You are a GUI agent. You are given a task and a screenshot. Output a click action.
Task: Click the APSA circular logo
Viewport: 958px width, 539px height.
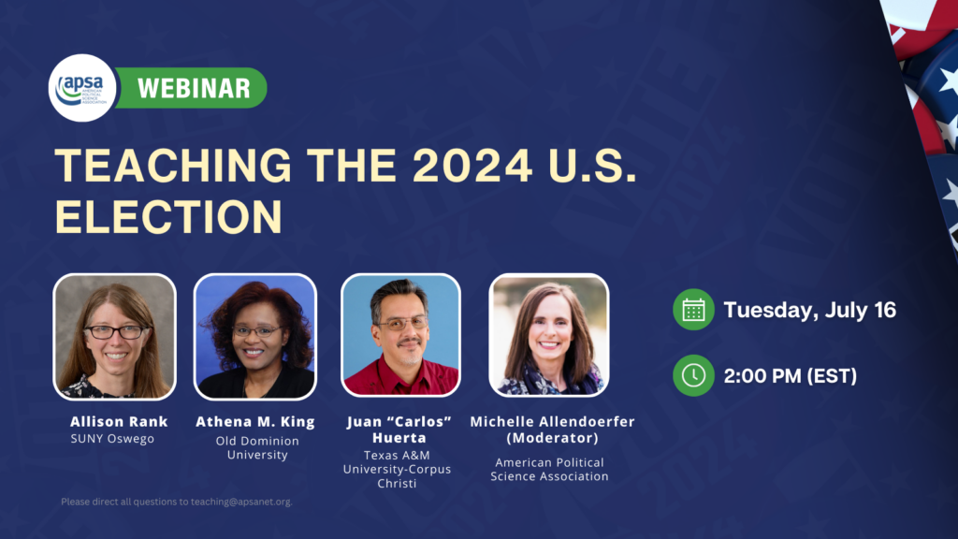tap(82, 88)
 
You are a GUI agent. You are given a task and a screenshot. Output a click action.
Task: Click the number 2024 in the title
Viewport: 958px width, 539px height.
tap(472, 166)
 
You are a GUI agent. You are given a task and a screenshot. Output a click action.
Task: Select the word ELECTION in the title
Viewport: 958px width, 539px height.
tap(168, 217)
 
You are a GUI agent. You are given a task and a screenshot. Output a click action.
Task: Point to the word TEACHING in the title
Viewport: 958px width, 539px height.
tap(173, 166)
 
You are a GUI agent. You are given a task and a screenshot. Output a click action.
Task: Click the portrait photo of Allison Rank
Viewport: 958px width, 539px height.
tap(115, 337)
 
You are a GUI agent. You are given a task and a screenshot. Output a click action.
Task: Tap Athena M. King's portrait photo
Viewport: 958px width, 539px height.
tap(255, 337)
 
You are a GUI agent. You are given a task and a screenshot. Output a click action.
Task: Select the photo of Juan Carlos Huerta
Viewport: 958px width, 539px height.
tap(400, 335)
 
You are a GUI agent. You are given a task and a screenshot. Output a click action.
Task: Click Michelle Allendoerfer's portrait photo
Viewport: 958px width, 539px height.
tap(548, 335)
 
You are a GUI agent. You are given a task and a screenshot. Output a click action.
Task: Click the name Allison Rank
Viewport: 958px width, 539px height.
tap(119, 422)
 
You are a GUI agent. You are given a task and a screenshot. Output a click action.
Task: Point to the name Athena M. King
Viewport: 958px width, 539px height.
tap(255, 422)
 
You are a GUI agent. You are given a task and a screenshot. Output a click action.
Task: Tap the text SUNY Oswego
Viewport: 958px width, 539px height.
tap(112, 439)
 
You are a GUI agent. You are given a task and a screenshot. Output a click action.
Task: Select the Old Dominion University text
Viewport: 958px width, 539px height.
tap(257, 447)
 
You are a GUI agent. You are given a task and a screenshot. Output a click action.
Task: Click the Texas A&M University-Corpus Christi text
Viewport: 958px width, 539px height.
tap(397, 470)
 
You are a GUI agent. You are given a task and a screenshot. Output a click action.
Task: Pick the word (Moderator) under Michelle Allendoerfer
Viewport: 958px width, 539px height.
tap(552, 438)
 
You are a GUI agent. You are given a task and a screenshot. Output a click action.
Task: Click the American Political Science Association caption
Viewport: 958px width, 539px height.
tap(549, 470)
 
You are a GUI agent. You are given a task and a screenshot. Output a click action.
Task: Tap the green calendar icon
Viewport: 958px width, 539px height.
tap(693, 310)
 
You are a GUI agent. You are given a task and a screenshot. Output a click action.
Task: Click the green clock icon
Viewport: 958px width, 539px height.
tap(693, 375)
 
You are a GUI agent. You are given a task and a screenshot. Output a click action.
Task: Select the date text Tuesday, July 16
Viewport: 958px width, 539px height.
tap(809, 311)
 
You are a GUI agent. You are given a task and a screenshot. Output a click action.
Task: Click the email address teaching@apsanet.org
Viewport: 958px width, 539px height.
tap(241, 502)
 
